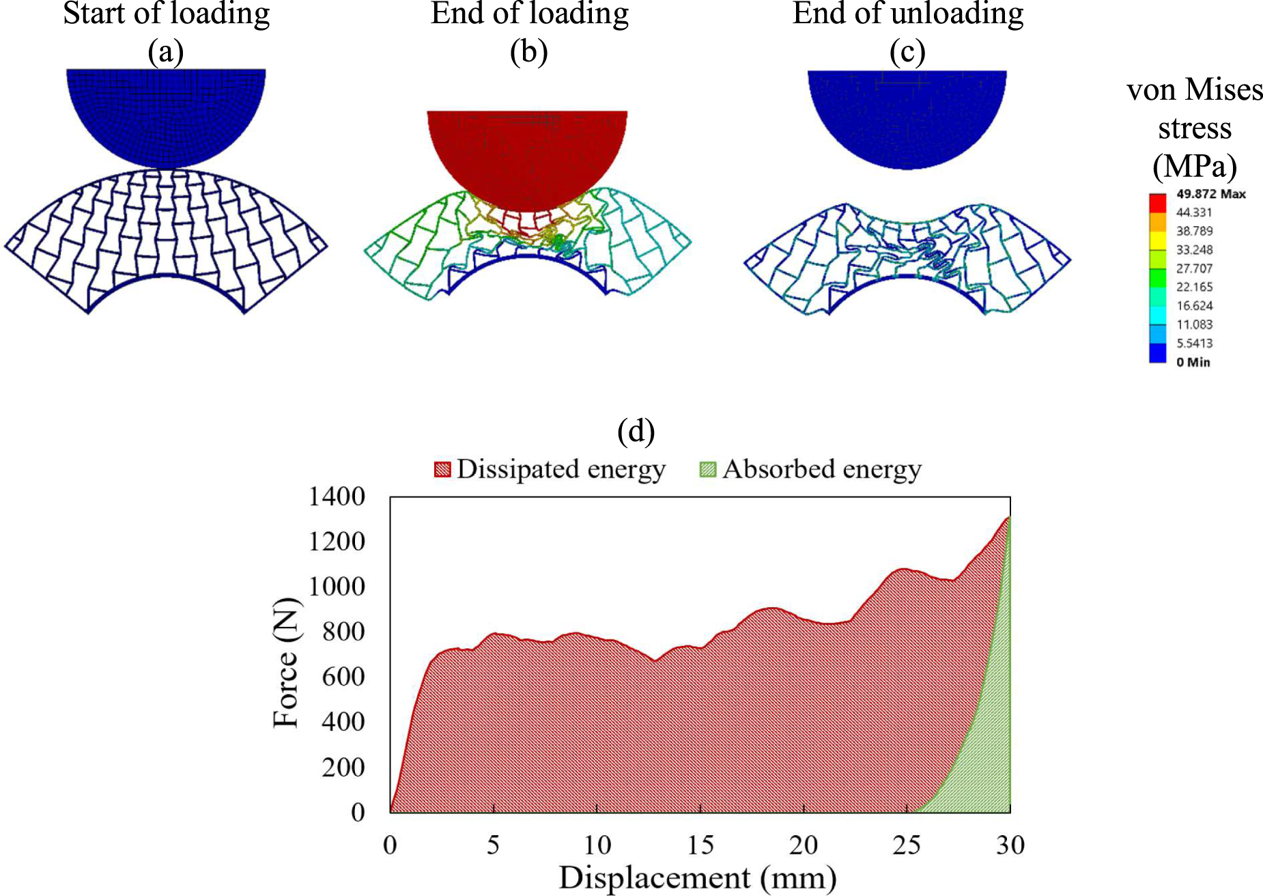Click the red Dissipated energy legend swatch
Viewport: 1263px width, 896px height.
442,470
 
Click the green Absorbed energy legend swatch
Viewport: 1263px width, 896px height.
708,470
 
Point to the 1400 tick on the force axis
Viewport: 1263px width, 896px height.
337,496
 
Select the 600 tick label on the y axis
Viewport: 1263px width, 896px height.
343,677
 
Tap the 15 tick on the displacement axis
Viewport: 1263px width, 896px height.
700,845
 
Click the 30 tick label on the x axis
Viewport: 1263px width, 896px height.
1010,845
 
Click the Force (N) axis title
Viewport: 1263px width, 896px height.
286,663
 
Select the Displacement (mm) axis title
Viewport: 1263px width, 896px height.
698,878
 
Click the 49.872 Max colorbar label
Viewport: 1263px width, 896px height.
1210,194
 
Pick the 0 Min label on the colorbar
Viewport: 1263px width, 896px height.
1193,362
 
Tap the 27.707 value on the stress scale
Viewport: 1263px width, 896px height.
1194,268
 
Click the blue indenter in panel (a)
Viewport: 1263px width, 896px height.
166,113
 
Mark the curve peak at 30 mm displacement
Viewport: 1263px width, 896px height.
1008,518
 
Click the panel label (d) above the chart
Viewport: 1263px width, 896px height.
636,431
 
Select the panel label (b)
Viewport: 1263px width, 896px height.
528,52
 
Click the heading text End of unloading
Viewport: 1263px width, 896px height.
907,14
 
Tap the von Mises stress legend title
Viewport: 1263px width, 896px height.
1194,128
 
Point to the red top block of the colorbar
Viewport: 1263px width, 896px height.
1157,203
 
